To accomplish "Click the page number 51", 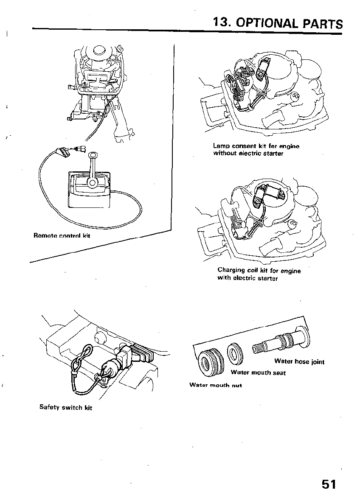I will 329,484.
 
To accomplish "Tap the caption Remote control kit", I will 62,235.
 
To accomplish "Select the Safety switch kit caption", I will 66,408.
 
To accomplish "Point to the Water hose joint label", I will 299,362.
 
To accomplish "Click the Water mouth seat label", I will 258,373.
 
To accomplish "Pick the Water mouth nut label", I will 216,385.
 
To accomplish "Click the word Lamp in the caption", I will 221,146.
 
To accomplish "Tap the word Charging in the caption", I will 231,270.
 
